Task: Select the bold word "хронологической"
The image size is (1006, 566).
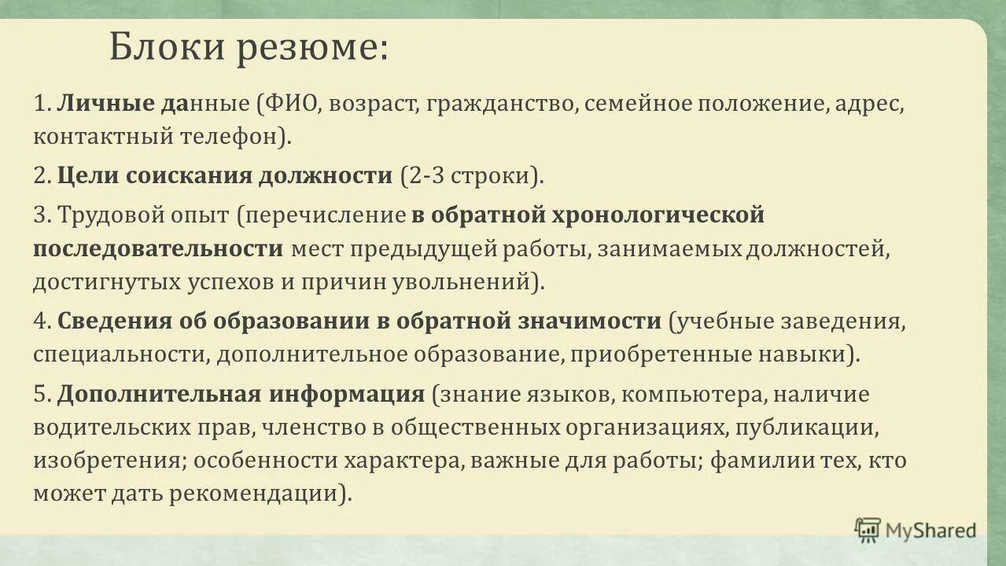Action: point(658,215)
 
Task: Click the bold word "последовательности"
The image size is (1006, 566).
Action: point(158,248)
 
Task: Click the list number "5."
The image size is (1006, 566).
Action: point(42,394)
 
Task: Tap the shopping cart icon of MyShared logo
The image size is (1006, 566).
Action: point(868,529)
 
